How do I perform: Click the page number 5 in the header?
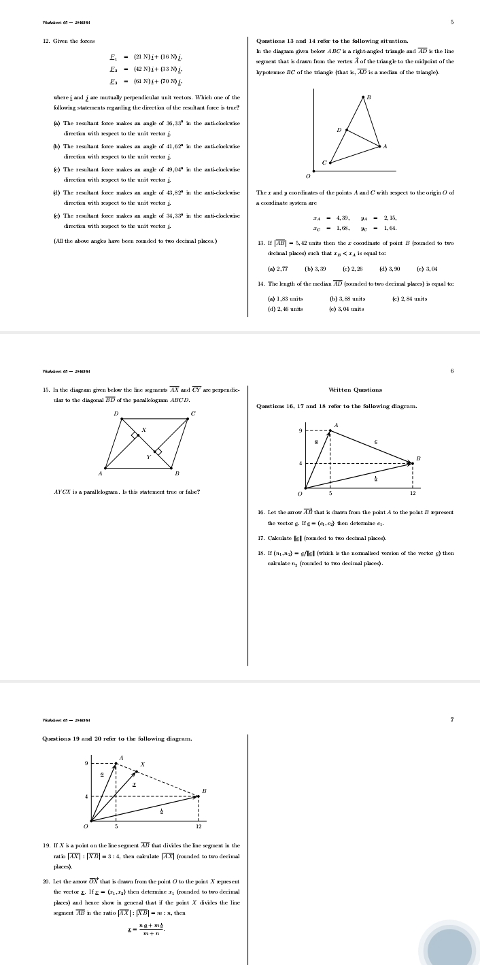click(451, 22)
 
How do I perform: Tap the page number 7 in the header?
click(451, 719)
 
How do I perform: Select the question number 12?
click(46, 41)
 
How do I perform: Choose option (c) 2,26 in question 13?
click(352, 269)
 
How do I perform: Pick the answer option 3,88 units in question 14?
click(347, 299)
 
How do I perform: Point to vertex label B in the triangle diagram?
click(368, 99)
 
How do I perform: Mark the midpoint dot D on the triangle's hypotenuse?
click(347, 130)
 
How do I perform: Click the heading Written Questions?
click(355, 390)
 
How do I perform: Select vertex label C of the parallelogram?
click(193, 413)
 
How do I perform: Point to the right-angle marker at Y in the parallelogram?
click(158, 451)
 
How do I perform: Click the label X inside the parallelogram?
click(143, 430)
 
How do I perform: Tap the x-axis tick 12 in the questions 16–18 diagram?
click(413, 494)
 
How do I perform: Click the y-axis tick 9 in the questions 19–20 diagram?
click(86, 764)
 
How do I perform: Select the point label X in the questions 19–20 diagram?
click(142, 765)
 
